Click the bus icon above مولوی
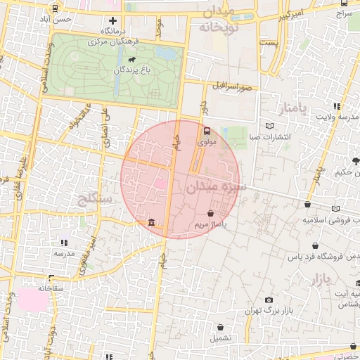point(207,131)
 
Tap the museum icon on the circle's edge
point(152,224)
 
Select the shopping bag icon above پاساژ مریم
point(211,213)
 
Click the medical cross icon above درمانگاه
point(112,20)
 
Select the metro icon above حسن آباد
point(55,8)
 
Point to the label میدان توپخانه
point(215,20)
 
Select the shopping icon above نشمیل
point(221,327)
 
